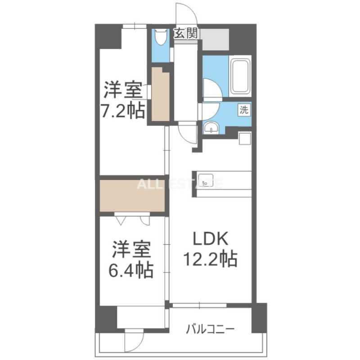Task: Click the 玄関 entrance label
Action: pos(186,34)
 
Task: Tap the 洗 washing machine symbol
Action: pos(243,109)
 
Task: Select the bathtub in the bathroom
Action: pos(240,77)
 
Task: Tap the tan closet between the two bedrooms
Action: pos(131,195)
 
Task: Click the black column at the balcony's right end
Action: pos(259,317)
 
